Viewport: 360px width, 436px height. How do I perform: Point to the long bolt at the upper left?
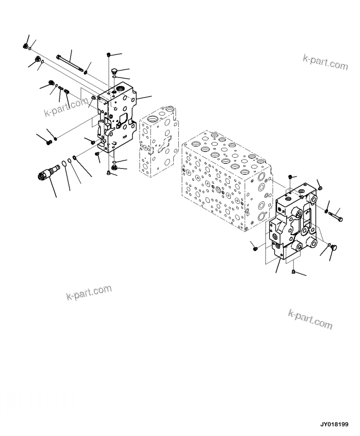click(69, 62)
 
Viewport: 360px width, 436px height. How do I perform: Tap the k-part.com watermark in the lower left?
click(89, 293)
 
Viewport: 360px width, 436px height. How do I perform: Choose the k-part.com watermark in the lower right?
click(310, 319)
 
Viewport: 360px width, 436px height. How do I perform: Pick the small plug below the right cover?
click(293, 271)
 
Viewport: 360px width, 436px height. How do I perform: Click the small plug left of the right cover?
click(255, 246)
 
